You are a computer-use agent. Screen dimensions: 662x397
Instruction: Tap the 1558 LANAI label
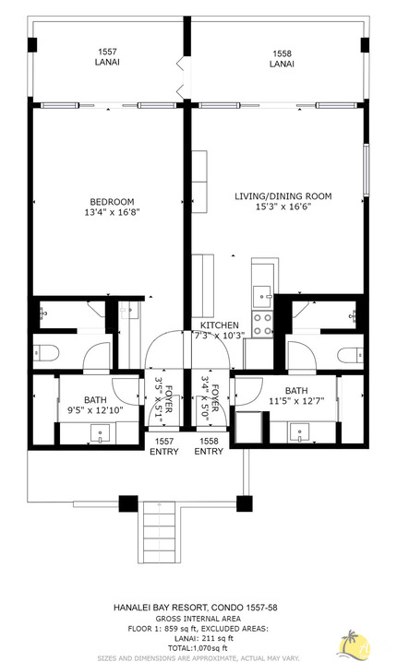pos(282,59)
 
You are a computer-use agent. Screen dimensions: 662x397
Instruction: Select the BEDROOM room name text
pos(112,202)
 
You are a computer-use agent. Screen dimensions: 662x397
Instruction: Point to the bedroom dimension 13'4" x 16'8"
pos(112,214)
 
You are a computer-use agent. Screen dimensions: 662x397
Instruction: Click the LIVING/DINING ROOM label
pos(282,196)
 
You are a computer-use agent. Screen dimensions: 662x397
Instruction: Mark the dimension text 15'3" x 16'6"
pos(282,208)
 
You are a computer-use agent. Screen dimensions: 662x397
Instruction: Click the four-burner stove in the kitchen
pos(262,325)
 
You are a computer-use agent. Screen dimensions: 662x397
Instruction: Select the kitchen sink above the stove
pos(262,294)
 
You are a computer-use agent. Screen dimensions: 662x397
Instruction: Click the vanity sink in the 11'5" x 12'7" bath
pos(301,431)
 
